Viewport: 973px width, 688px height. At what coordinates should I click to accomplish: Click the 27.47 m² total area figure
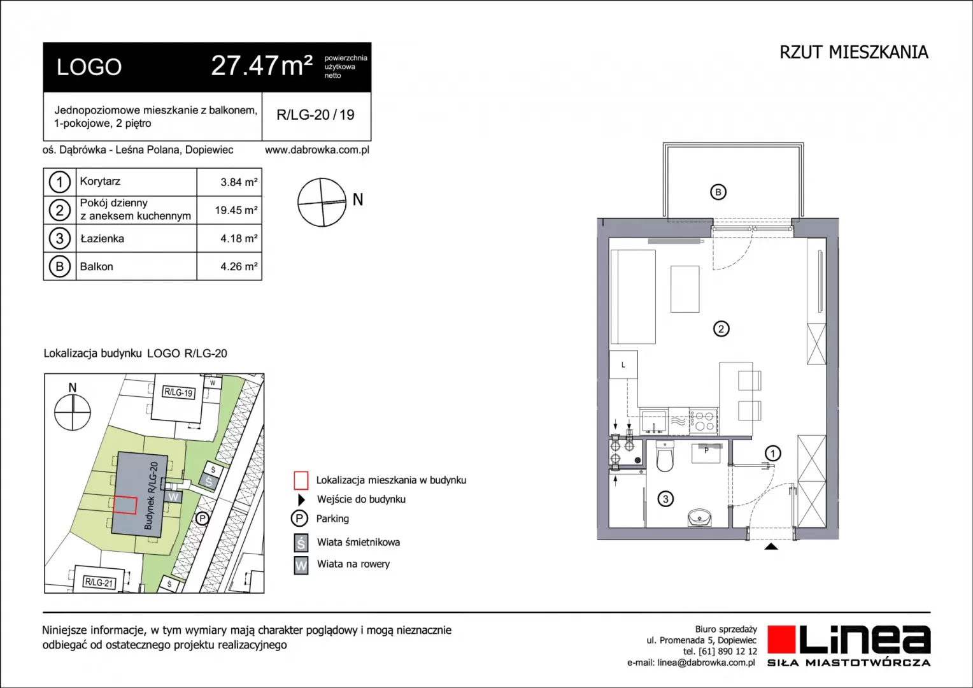262,66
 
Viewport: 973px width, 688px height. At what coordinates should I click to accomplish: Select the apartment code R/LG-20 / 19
315,115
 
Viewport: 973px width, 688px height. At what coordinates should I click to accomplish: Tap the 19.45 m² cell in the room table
236,210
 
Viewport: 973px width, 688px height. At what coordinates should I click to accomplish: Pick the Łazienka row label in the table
102,238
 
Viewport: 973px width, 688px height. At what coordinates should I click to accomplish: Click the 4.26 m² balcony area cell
238,266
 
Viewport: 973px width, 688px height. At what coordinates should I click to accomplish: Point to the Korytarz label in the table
100,181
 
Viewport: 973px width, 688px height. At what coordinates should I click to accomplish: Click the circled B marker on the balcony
718,192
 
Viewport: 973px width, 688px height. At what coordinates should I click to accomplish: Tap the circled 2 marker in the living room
721,329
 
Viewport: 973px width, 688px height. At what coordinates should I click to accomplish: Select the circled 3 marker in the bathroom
665,499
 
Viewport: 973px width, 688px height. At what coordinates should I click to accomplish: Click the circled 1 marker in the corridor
772,454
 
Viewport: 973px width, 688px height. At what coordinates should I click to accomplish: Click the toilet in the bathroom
665,456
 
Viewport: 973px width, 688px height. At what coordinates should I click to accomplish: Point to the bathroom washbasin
699,517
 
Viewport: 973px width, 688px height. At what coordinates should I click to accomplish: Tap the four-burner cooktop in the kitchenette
703,420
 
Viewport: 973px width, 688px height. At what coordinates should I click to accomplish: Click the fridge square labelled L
623,364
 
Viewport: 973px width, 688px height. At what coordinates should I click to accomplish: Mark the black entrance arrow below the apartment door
771,547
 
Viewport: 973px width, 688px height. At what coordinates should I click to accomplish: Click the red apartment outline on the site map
125,505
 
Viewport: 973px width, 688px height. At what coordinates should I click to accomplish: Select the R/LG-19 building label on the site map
178,392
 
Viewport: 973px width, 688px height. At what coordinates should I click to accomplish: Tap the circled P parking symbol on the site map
202,519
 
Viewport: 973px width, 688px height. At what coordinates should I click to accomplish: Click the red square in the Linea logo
781,639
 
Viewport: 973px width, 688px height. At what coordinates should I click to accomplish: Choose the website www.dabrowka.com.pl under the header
317,150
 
